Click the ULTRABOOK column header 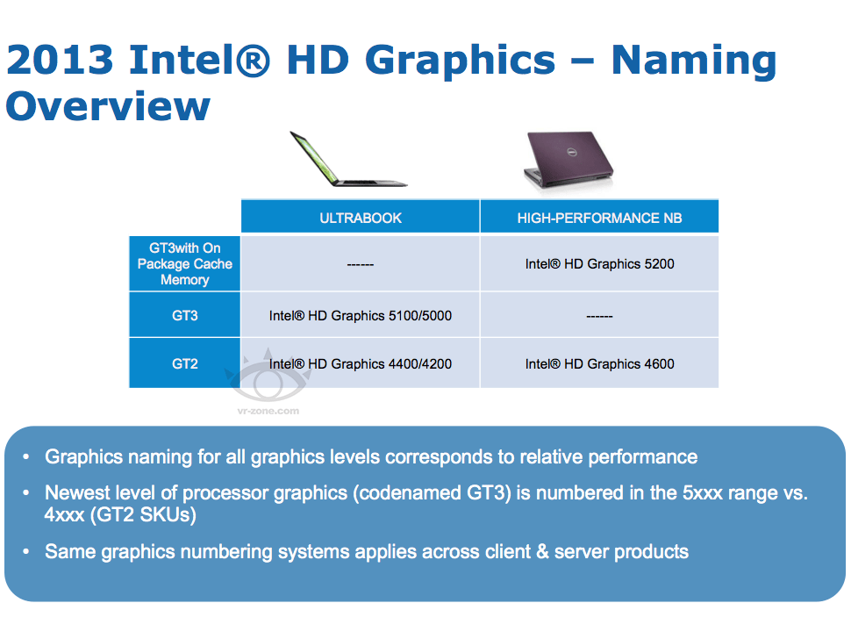361,218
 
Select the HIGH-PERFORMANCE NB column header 599,218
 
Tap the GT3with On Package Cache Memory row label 184,264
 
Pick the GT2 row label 184,363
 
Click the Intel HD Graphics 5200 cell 599,263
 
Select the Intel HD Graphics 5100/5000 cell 361,315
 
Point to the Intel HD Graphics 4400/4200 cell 361,363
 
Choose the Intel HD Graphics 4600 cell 599,363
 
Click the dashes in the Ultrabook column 361,264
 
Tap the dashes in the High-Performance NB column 599,316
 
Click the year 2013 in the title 60,60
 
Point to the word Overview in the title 108,105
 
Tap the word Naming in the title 694,60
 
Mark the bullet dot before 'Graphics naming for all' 26,457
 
